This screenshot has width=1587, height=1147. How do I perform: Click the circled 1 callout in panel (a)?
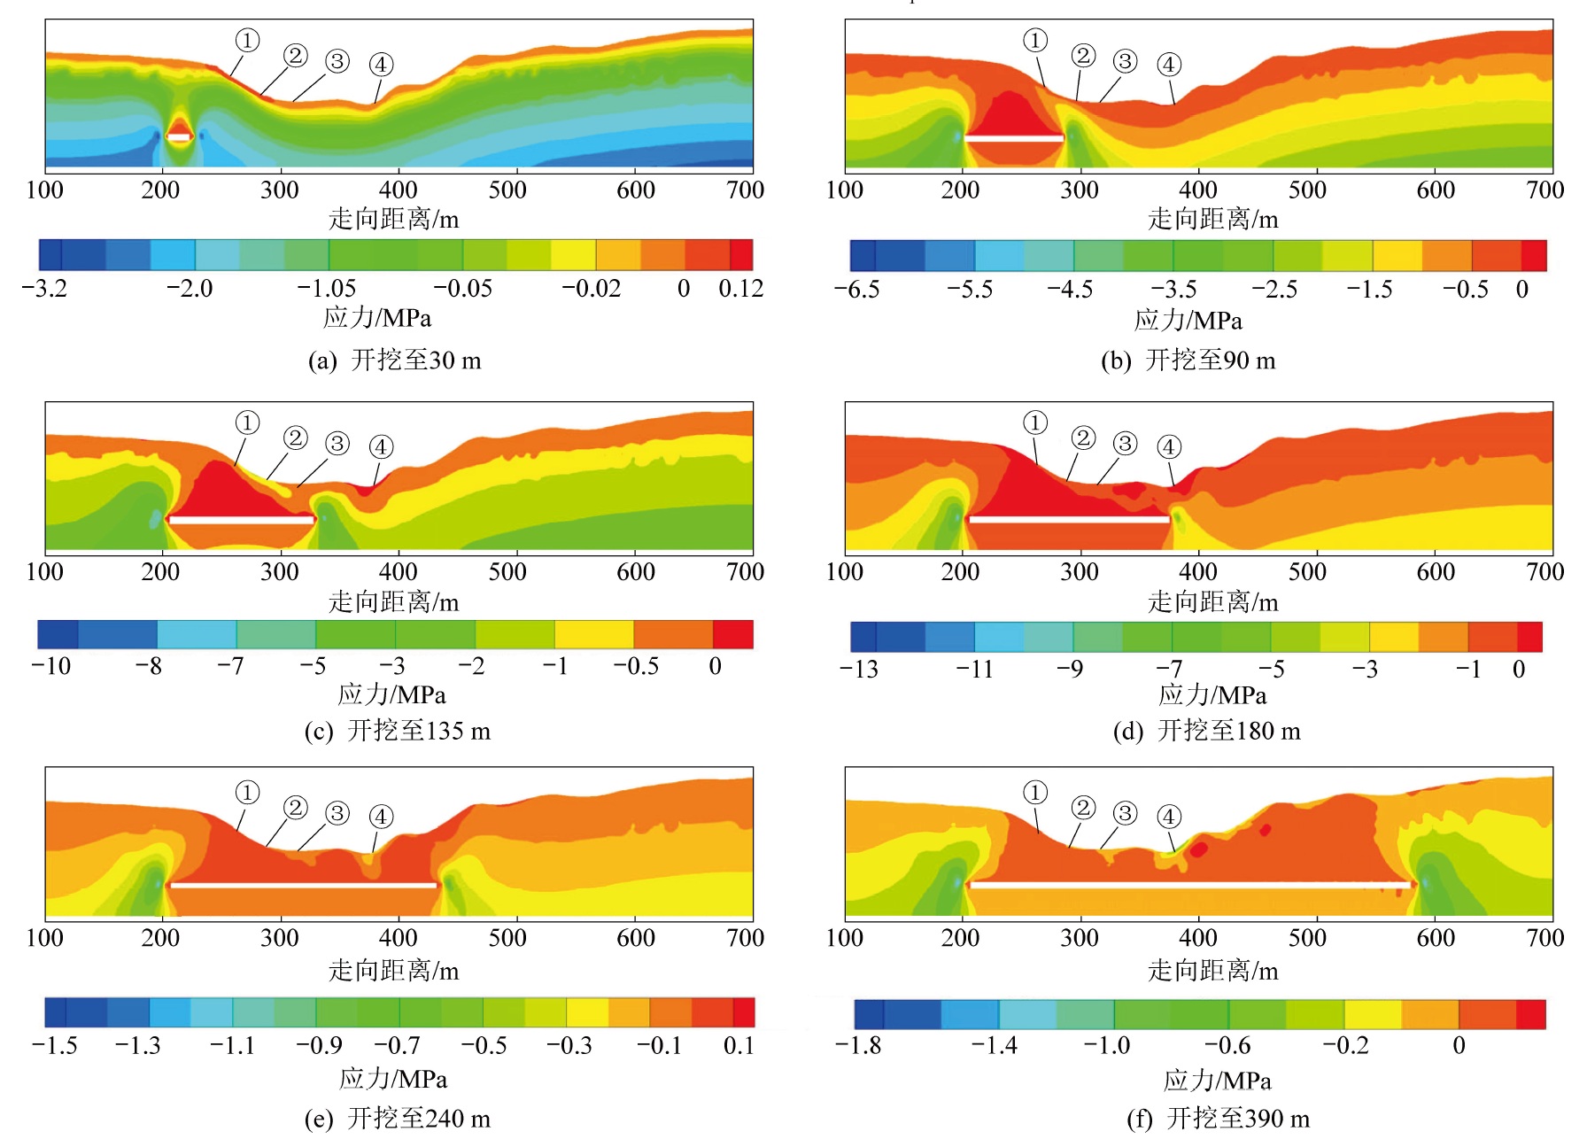coord(247,40)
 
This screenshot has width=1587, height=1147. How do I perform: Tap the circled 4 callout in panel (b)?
coord(1169,64)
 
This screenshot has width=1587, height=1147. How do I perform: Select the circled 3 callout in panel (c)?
coord(337,443)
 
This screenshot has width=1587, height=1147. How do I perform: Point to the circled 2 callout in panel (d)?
coord(1082,438)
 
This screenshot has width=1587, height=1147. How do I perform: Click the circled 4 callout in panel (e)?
coord(381,816)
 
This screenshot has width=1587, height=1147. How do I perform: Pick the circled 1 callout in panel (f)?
coord(1034,792)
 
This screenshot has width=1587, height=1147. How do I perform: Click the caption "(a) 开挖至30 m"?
coord(394,360)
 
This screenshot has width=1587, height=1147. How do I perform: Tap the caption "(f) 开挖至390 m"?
coord(1218,1119)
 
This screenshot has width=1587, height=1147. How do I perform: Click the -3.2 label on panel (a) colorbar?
coord(44,289)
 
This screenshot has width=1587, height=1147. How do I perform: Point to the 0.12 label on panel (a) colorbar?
coord(740,289)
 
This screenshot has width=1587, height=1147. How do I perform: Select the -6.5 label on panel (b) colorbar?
coord(856,290)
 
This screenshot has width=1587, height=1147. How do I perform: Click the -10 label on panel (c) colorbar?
coord(50,666)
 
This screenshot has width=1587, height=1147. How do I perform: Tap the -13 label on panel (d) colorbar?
coord(859,669)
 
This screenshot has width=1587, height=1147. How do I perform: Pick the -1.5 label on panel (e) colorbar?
coord(54,1046)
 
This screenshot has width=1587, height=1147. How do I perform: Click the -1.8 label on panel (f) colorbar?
coord(857,1046)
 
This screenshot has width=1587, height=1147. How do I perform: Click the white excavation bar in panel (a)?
coord(179,137)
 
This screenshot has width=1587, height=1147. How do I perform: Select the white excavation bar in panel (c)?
coord(241,520)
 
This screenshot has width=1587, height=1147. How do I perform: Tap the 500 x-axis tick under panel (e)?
coord(507,937)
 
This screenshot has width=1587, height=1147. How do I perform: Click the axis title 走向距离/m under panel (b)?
coord(1212,219)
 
